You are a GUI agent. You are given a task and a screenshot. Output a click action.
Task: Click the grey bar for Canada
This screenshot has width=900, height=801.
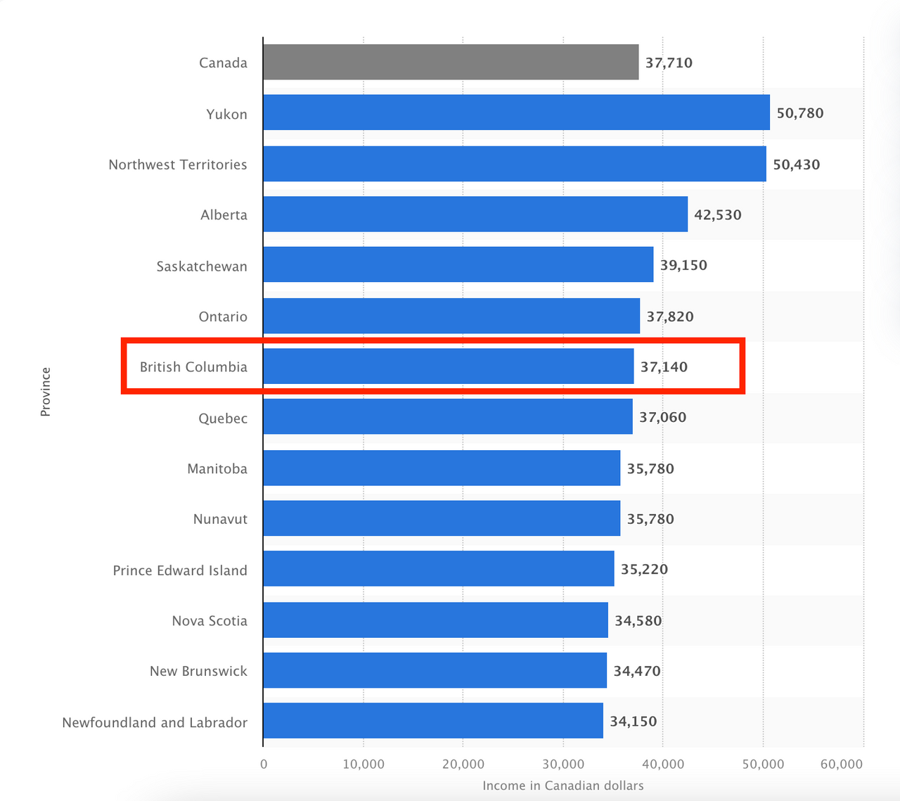[451, 62]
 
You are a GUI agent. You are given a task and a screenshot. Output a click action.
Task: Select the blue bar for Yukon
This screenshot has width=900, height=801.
[516, 113]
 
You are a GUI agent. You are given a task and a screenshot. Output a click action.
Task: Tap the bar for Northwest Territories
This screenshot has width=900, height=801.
[515, 164]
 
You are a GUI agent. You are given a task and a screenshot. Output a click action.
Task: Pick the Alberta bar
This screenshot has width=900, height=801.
[475, 214]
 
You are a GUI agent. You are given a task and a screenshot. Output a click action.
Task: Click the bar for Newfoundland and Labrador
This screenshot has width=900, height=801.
[433, 721]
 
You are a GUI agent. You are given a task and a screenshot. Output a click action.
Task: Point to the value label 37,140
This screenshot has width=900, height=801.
[664, 366]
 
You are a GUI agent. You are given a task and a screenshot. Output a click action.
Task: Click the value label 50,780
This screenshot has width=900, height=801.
[799, 113]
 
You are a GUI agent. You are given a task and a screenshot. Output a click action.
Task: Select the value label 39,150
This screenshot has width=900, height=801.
[683, 265]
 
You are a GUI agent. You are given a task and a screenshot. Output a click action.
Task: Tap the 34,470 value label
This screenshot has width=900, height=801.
[636, 671]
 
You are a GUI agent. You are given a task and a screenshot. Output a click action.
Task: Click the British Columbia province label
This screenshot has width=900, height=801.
[193, 366]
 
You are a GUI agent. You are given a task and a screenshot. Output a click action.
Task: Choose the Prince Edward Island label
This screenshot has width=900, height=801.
[180, 570]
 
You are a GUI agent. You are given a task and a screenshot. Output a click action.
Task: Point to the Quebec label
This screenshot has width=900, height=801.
[223, 418]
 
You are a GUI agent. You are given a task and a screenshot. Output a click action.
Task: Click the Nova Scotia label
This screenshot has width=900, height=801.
[210, 621]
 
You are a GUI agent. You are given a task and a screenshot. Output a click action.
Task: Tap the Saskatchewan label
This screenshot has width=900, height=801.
[202, 267]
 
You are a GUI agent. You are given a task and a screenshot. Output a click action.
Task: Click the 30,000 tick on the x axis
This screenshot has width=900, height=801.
[563, 764]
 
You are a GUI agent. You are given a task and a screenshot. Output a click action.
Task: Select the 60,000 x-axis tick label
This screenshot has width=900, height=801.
[842, 764]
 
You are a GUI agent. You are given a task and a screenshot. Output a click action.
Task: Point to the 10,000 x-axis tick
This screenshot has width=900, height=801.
[364, 764]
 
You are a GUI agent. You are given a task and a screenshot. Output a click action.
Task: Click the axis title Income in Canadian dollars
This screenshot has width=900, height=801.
[562, 786]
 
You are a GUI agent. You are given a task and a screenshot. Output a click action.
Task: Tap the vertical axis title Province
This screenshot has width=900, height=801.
[46, 392]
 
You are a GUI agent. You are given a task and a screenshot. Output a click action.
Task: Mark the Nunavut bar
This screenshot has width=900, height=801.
[442, 518]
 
